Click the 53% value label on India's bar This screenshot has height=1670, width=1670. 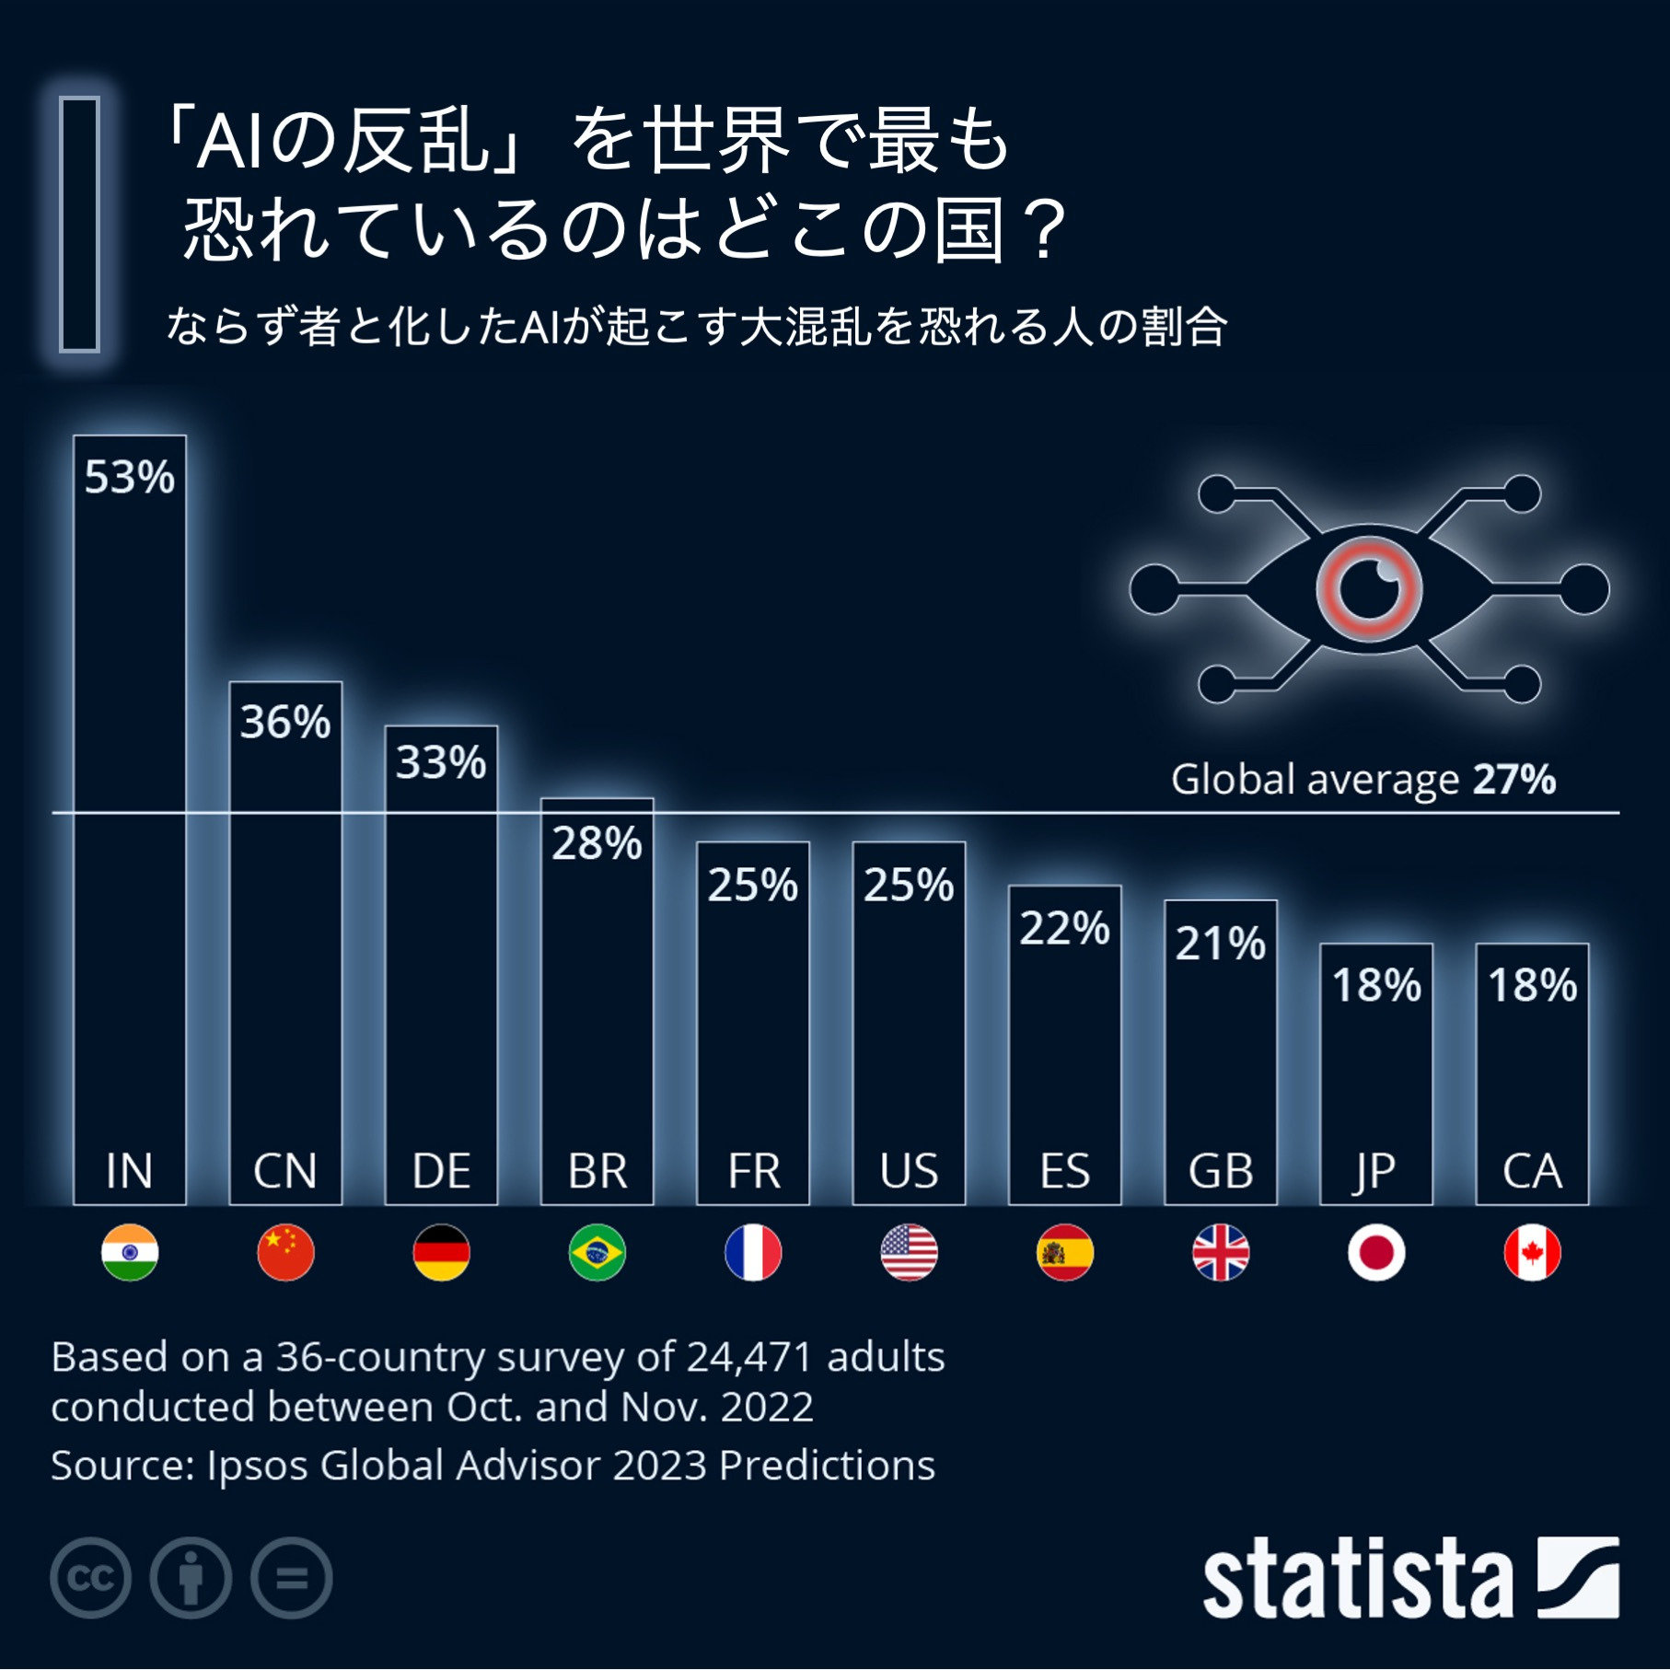pyautogui.click(x=129, y=478)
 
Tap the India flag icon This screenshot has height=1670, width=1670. pyautogui.click(x=130, y=1253)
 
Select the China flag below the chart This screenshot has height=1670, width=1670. pyautogui.click(x=285, y=1253)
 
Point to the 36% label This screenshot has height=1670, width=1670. pyautogui.click(x=285, y=723)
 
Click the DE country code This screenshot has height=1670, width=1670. pyautogui.click(x=441, y=1172)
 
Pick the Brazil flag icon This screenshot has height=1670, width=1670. pyautogui.click(x=597, y=1253)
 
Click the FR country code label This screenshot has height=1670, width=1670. pyautogui.click(x=753, y=1172)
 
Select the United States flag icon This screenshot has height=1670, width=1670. pyautogui.click(x=909, y=1253)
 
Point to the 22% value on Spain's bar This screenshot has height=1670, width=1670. pyautogui.click(x=1064, y=929)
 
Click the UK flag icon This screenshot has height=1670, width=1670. pyautogui.click(x=1221, y=1253)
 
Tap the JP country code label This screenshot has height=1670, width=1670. pyautogui.click(x=1375, y=1172)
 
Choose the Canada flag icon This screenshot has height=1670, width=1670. pyautogui.click(x=1532, y=1253)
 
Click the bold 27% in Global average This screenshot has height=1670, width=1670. pyautogui.click(x=1514, y=780)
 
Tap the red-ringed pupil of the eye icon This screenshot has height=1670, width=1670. pyautogui.click(x=1369, y=588)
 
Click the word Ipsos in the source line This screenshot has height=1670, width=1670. pyautogui.click(x=257, y=1466)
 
